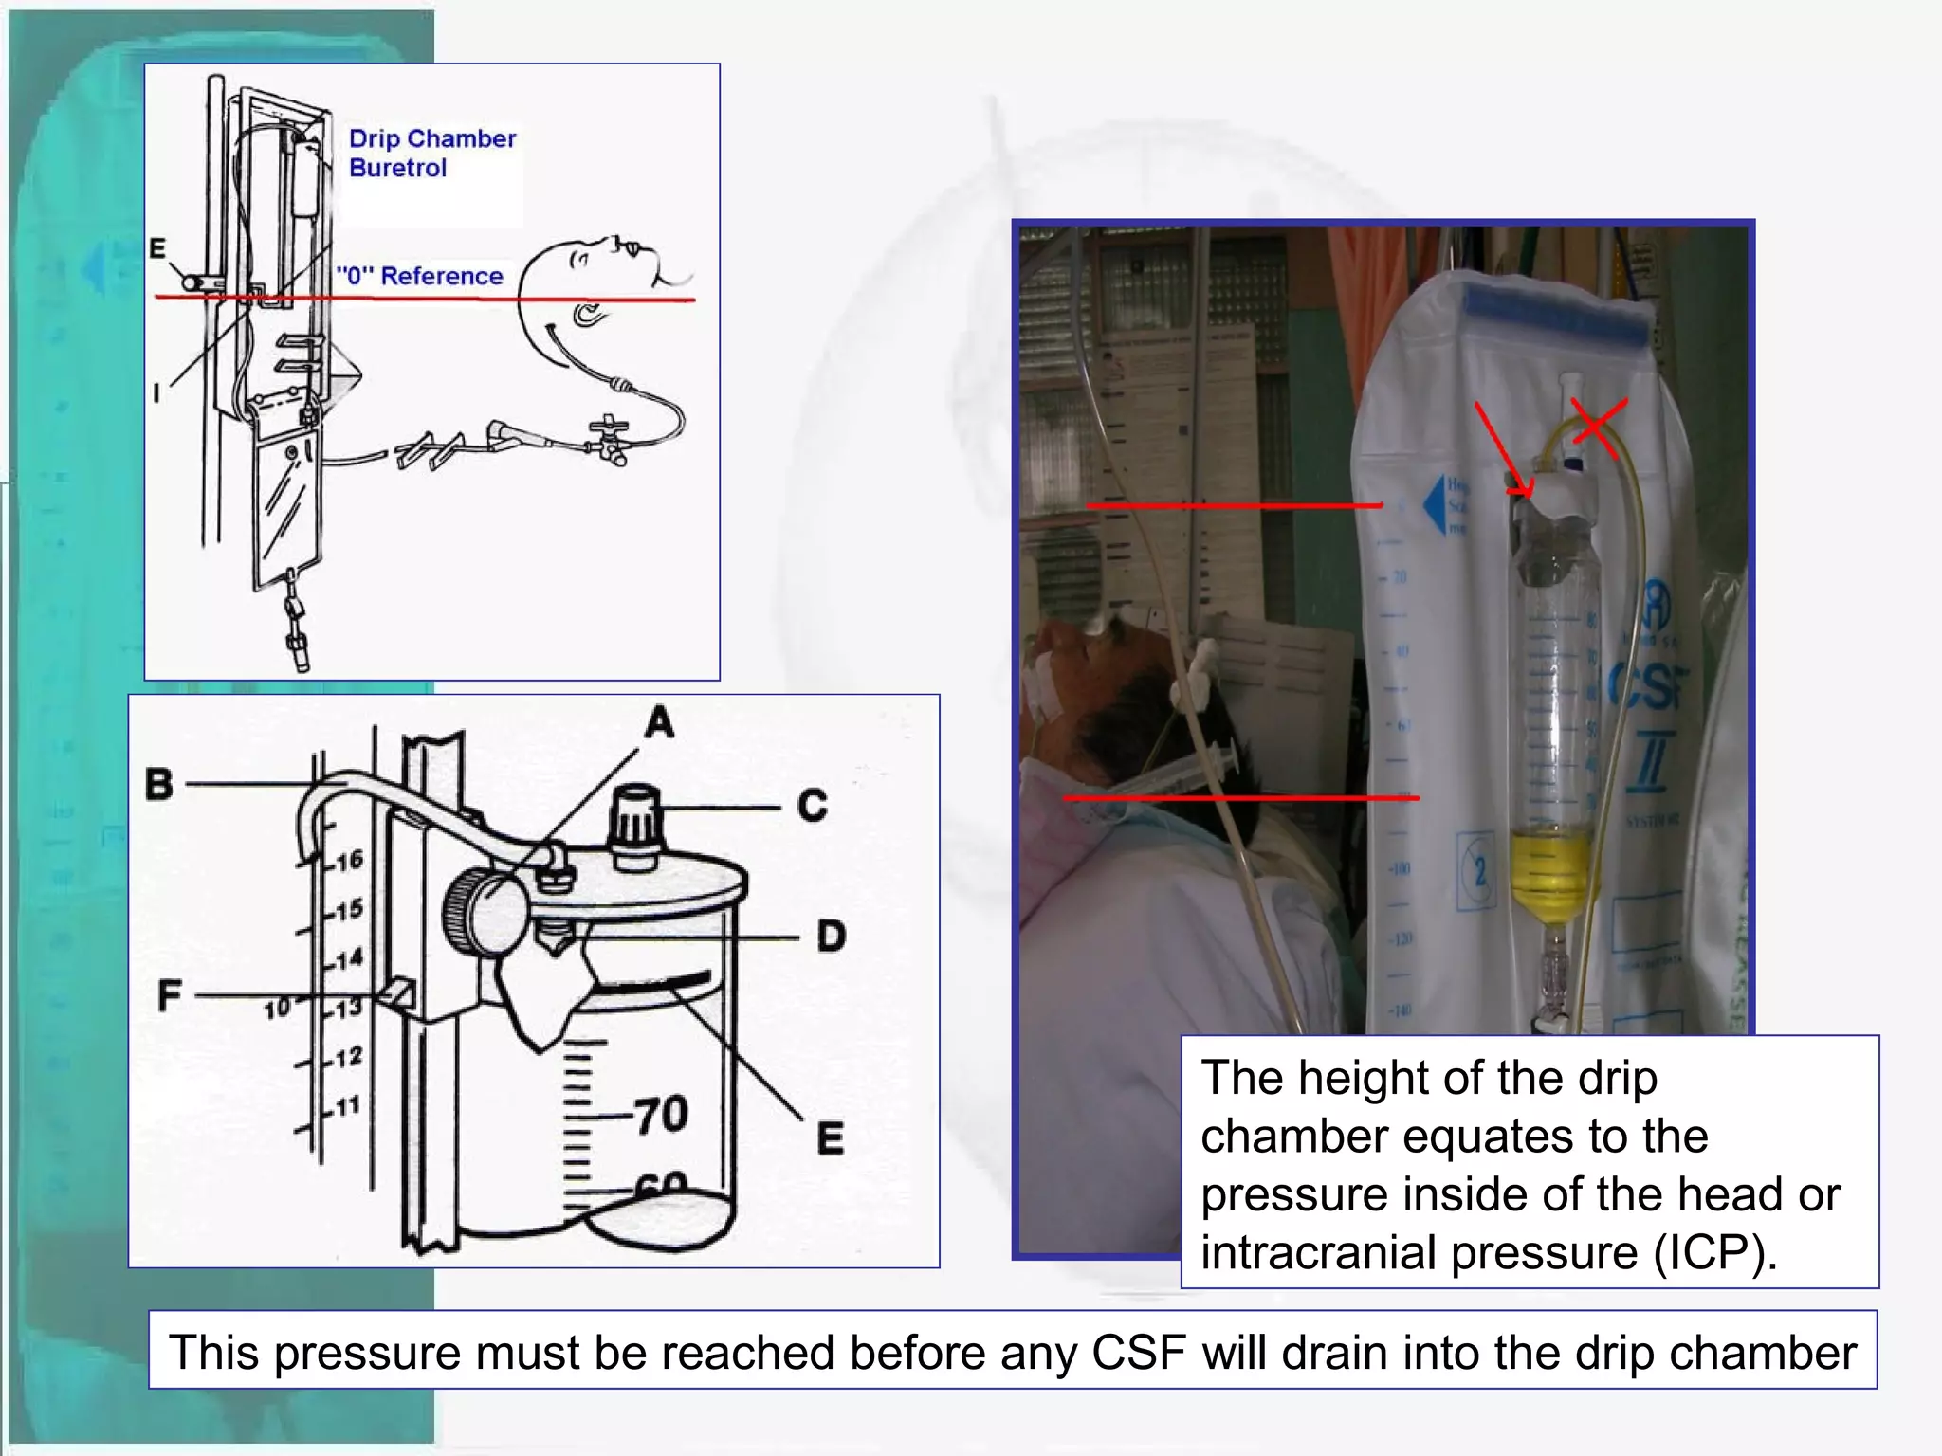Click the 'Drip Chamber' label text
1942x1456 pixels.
click(x=431, y=138)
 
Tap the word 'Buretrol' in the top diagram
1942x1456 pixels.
click(x=397, y=168)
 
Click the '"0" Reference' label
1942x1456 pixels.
click(x=420, y=276)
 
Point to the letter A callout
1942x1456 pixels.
click(x=659, y=723)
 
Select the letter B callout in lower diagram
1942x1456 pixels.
click(x=159, y=785)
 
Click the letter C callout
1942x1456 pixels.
click(x=813, y=806)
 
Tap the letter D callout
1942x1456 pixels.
click(x=831, y=937)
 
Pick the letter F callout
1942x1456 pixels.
click(x=169, y=995)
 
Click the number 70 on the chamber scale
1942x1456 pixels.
click(x=661, y=1114)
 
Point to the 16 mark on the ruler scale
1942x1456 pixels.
click(x=348, y=860)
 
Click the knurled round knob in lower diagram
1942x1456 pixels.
click(x=484, y=912)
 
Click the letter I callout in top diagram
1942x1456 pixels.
click(x=156, y=391)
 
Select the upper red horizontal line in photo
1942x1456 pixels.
click(x=1233, y=506)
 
